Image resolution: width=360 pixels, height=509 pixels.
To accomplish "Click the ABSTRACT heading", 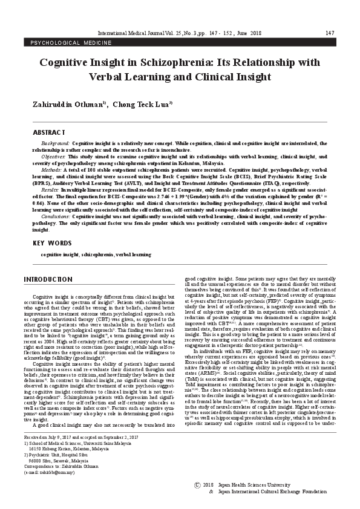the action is pyautogui.click(x=48, y=132).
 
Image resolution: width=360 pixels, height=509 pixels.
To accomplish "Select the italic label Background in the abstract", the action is pyautogui.click(x=54, y=143).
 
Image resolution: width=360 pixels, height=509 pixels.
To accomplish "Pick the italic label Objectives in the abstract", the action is pyautogui.click(x=53, y=155).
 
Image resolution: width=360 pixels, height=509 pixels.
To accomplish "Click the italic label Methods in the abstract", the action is pyautogui.click(x=52, y=170).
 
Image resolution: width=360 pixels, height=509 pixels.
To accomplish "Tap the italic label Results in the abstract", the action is pyautogui.click(x=51, y=190).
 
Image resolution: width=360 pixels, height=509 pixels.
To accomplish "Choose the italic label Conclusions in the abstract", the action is pyautogui.click(x=56, y=215).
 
